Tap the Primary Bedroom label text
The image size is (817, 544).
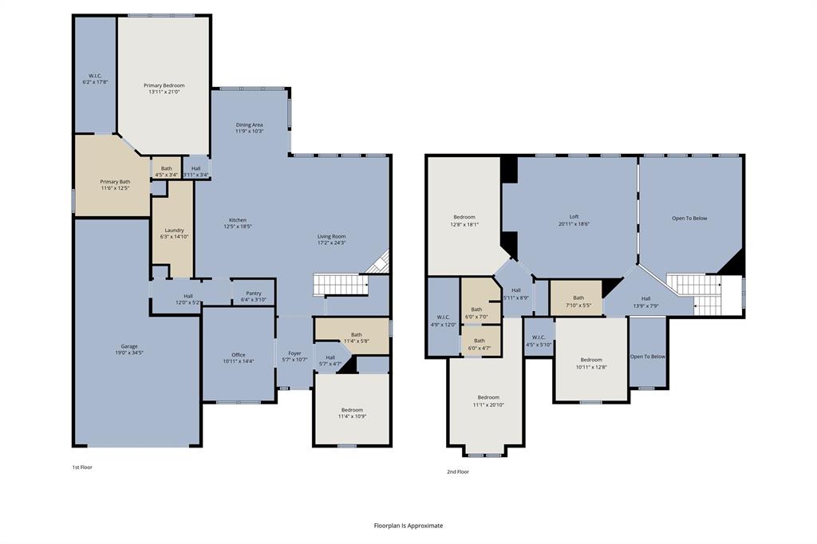point(164,85)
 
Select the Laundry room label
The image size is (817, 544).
point(173,231)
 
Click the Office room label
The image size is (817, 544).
point(238,355)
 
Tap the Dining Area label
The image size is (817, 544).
point(249,125)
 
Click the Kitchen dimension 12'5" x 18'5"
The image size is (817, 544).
point(238,227)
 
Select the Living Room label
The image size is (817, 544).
point(331,236)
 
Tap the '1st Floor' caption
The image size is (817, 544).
point(82,467)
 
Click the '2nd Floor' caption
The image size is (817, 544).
point(457,471)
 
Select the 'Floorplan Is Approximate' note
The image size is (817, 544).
point(408,526)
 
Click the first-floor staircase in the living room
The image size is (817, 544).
point(339,283)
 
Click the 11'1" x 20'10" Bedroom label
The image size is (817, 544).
point(487,400)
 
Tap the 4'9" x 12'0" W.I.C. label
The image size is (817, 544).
point(443,321)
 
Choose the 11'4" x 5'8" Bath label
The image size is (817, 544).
point(356,338)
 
